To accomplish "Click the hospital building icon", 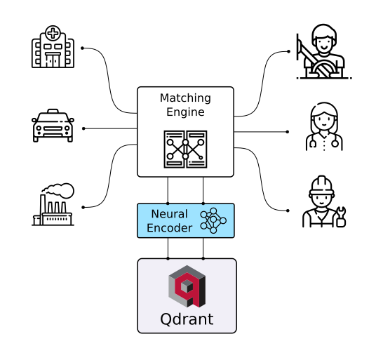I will pos(53,48).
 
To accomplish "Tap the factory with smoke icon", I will pos(53,205).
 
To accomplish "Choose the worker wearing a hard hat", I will pos(323,204).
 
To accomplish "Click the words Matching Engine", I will pos(185,105).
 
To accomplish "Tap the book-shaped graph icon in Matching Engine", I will pos(185,148).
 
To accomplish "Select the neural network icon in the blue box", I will pos(213,220).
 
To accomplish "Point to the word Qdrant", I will pos(187,320).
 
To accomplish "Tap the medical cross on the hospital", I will pos(53,34).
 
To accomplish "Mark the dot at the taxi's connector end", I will pos(83,128).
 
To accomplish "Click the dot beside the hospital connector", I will pos(82,48).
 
